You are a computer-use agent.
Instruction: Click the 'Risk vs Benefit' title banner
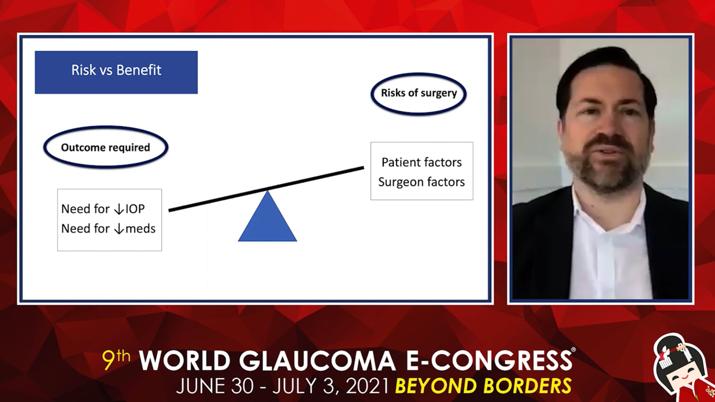click(x=116, y=72)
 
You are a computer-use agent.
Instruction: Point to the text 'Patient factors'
click(x=422, y=162)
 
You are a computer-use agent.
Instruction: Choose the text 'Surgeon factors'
click(x=422, y=182)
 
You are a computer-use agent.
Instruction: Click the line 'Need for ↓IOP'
click(x=103, y=209)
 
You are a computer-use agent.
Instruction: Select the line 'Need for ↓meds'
click(x=108, y=229)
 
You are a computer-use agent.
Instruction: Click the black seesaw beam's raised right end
click(x=363, y=168)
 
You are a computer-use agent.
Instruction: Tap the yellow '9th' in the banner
click(x=116, y=360)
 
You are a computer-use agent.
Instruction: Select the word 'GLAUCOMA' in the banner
click(x=317, y=361)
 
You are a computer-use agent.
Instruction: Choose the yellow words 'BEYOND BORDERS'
click(x=483, y=386)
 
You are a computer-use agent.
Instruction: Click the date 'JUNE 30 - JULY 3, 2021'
click(x=283, y=386)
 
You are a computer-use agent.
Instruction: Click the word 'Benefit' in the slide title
click(x=139, y=70)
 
